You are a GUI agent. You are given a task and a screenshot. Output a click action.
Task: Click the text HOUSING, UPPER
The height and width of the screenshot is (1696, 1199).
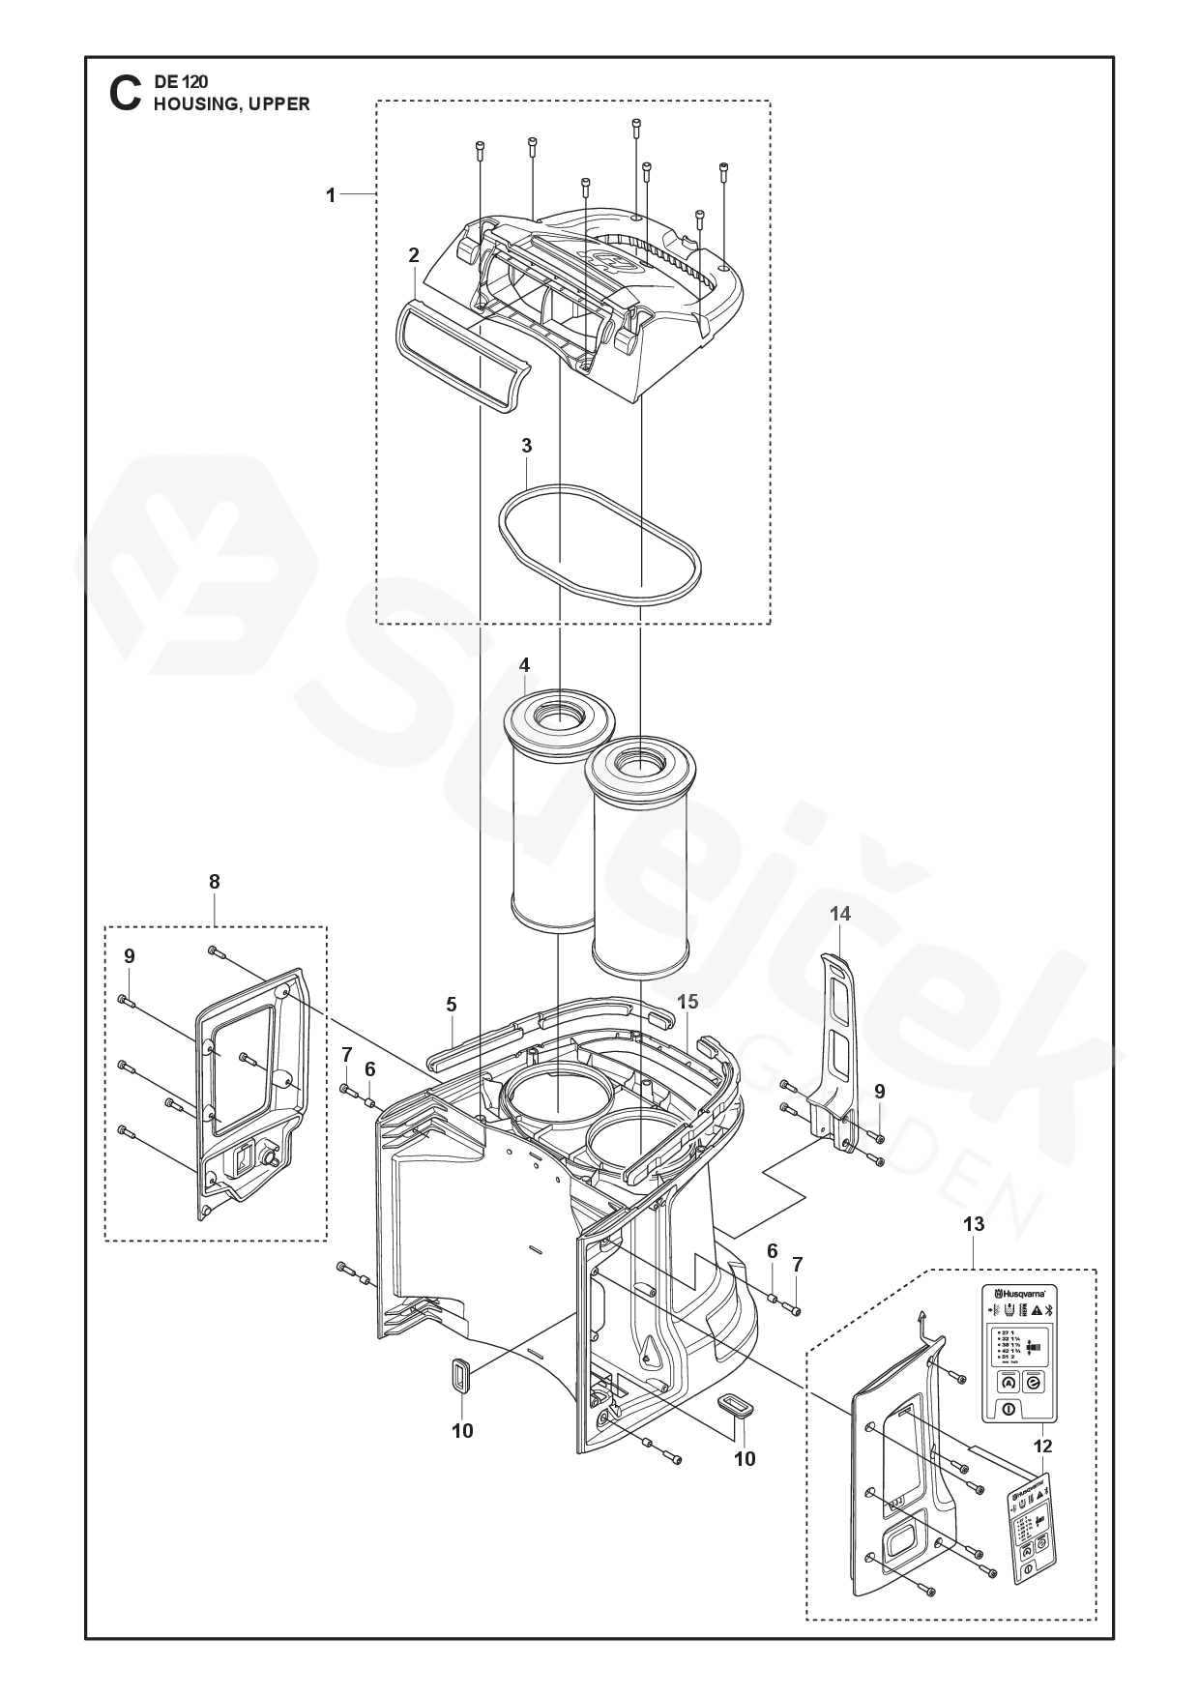[232, 104]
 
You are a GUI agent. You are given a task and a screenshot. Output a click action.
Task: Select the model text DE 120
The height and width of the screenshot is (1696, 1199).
[181, 83]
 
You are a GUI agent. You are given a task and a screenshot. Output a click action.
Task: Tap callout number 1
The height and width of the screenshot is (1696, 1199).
[331, 195]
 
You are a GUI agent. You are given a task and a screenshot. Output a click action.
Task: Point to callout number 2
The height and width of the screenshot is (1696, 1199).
[414, 255]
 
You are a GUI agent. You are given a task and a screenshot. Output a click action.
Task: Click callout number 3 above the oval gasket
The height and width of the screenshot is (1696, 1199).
[526, 446]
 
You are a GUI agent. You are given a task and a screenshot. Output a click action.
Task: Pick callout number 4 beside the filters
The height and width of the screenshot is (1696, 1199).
[524, 665]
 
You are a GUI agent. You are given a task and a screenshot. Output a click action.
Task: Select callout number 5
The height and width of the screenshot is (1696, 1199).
[452, 1005]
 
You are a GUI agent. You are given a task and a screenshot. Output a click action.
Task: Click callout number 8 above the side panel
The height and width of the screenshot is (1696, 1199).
[214, 881]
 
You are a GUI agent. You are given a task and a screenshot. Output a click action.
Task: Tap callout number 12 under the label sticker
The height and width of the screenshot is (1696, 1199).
[1042, 1447]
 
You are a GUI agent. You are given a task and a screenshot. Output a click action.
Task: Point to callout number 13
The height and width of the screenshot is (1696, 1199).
[973, 1224]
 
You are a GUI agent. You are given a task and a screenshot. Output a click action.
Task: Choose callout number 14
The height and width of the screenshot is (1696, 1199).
[839, 913]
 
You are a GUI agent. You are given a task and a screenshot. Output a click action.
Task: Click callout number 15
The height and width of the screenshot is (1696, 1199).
[687, 1002]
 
